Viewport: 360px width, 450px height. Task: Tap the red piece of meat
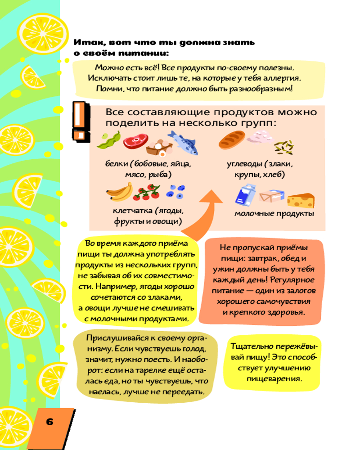[133, 142]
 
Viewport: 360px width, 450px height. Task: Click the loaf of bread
[232, 140]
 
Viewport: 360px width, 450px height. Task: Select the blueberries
[175, 192]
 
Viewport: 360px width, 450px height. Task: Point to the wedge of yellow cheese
[302, 199]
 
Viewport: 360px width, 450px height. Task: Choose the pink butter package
[271, 196]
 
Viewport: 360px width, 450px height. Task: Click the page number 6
[49, 422]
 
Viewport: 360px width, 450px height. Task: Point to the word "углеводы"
[243, 164]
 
